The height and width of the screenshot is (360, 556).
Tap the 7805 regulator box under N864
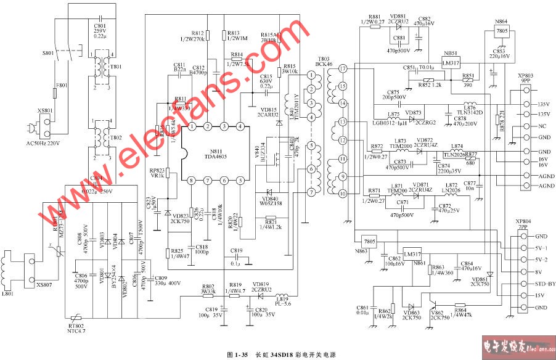[x=501, y=30]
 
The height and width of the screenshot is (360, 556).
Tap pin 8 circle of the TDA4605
[x=192, y=180]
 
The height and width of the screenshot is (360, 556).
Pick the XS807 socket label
[x=44, y=285]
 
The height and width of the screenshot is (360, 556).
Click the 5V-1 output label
[x=541, y=248]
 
